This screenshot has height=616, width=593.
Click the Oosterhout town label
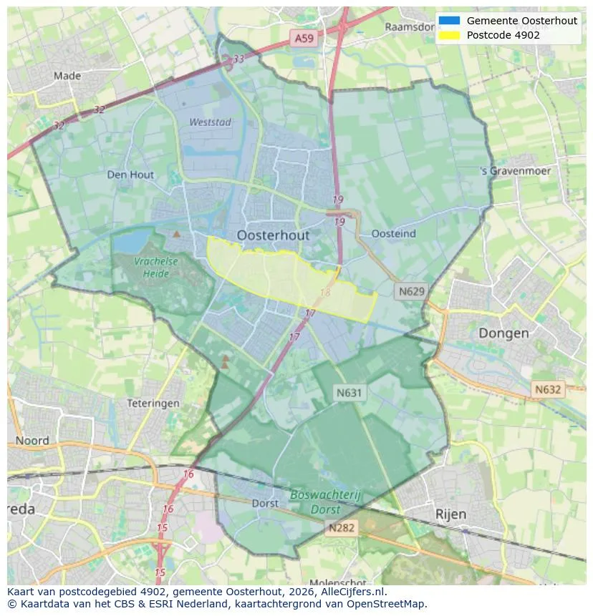coord(273,235)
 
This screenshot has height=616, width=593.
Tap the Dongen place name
coord(503,333)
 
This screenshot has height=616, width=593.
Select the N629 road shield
coord(411,291)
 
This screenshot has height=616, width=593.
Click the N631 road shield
coord(349,392)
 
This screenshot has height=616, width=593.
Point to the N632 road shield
coord(548,389)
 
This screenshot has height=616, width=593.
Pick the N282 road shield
coord(342,528)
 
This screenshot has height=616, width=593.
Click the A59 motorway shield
coord(304,39)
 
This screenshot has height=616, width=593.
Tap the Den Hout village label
coord(130,174)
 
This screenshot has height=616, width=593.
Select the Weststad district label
coord(210,122)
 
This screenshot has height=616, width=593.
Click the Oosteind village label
coord(393,233)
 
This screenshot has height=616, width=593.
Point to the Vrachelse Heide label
coord(155,268)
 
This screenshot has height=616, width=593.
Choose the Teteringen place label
coord(153,404)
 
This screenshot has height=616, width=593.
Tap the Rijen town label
coord(450,514)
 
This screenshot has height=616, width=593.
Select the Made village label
coord(67,75)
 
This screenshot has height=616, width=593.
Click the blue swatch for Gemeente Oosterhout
coord(449,21)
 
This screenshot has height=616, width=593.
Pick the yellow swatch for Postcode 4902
coord(449,35)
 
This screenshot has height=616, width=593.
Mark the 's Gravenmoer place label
coord(516,171)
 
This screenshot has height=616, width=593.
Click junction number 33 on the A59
coord(238,59)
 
